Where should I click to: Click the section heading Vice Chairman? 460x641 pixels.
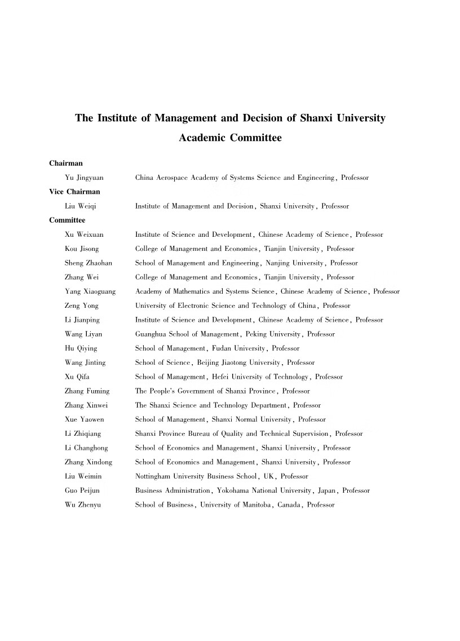[x=74, y=192]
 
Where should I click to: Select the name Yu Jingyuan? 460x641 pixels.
[x=84, y=178]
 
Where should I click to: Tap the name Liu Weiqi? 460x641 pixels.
[x=81, y=206]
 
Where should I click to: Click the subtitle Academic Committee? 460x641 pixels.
[x=230, y=138]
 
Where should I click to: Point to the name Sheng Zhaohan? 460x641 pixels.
[x=89, y=263]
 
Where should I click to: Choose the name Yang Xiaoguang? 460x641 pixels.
[x=90, y=291]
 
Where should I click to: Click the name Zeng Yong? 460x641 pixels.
[x=82, y=306]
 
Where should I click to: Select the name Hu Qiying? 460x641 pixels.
[x=81, y=348]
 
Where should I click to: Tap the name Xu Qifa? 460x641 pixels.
[x=78, y=377]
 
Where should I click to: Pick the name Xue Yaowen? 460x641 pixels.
[x=85, y=419]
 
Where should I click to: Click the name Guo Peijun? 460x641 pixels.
[x=82, y=490]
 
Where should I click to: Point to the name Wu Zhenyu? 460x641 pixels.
[x=83, y=505]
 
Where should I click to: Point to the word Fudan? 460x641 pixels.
[x=222, y=348]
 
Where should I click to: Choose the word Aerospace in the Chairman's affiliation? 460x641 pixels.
[x=174, y=178]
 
